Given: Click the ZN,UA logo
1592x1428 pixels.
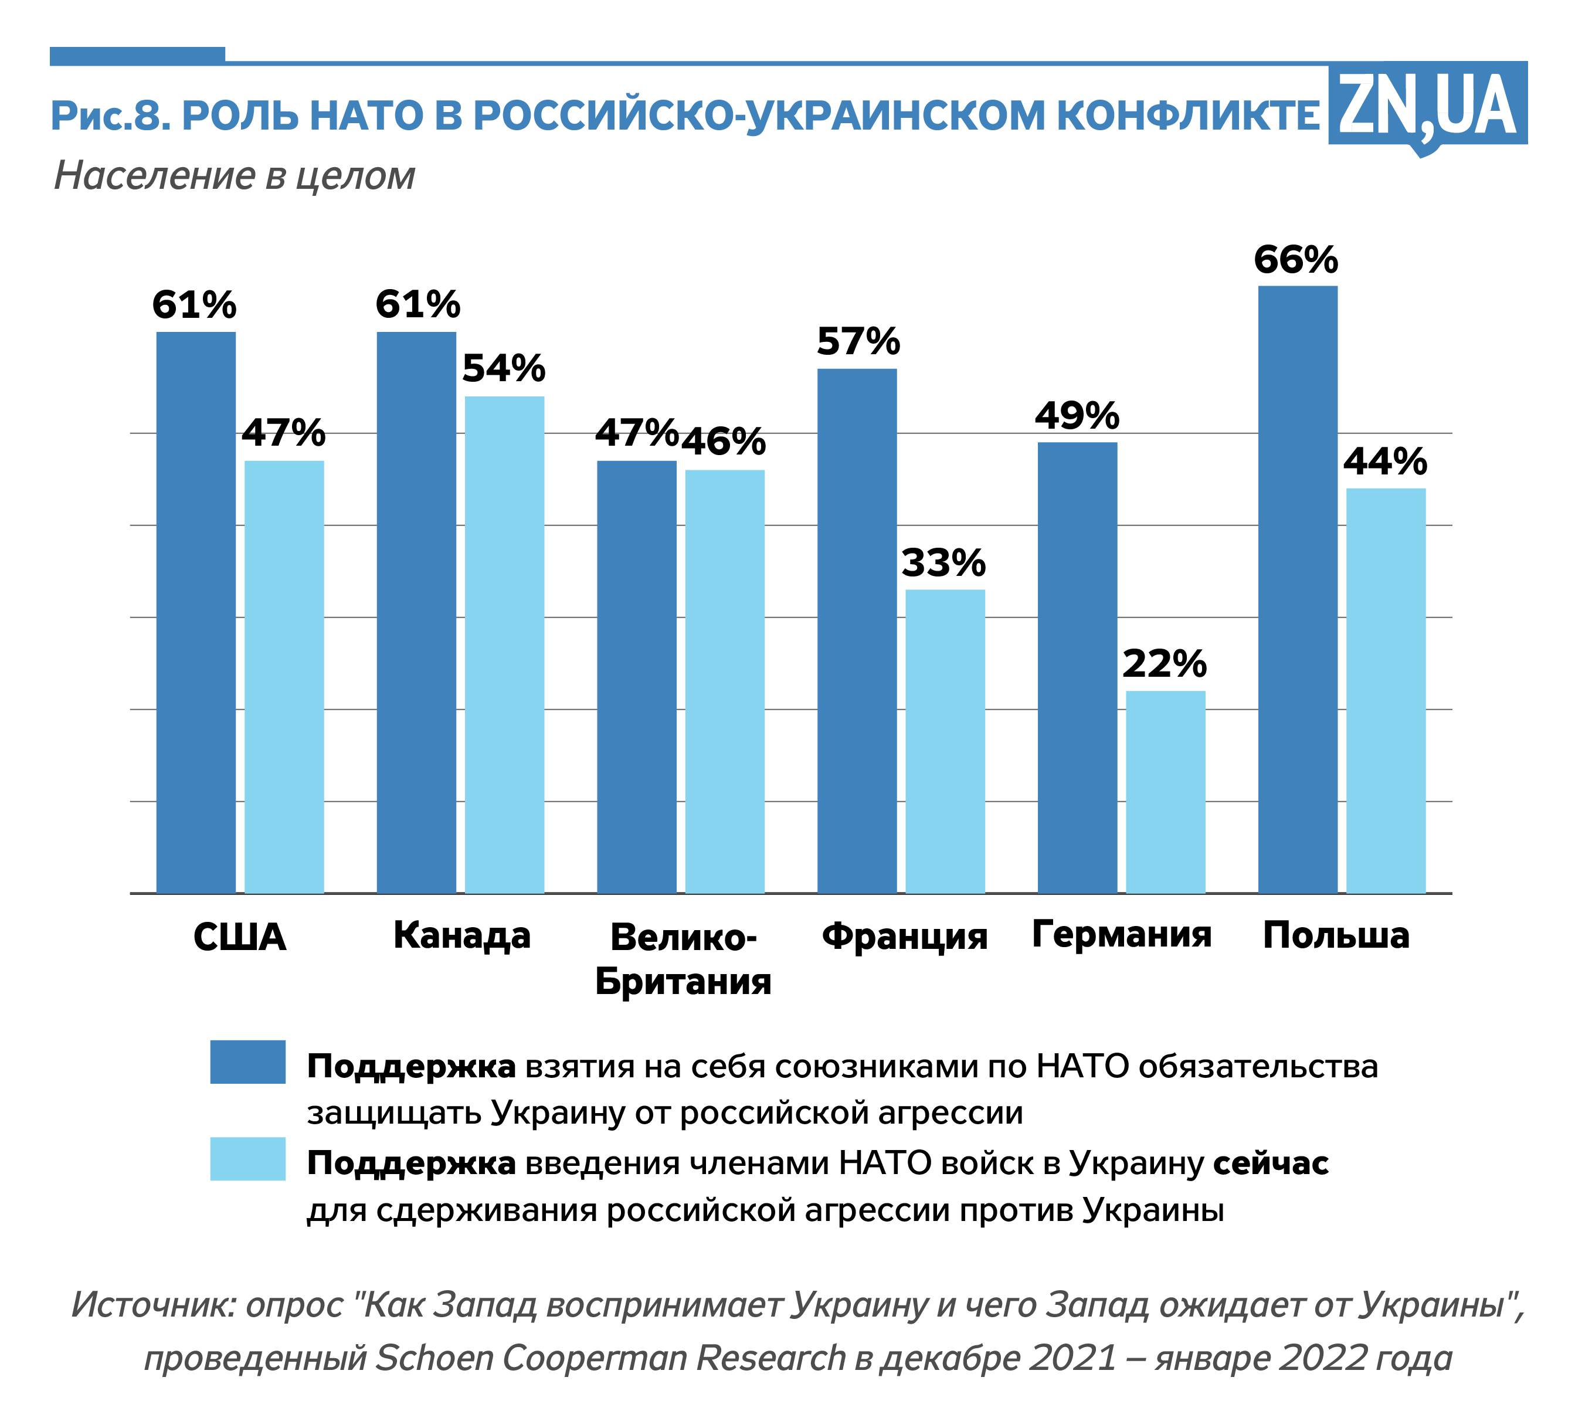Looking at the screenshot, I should click(x=1427, y=106).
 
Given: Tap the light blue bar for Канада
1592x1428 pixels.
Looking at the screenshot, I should click(x=504, y=644).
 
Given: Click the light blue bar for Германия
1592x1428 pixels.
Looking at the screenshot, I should click(x=1165, y=792).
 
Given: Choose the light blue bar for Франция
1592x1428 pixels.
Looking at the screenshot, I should click(x=945, y=741).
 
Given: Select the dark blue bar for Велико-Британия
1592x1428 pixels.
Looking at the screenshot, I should click(x=636, y=676).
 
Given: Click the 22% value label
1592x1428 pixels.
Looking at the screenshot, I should click(x=1165, y=664).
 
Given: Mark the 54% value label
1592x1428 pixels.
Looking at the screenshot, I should click(x=504, y=368).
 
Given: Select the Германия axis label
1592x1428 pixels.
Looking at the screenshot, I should click(x=1121, y=934).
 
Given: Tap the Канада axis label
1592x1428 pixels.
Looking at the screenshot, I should click(x=461, y=935).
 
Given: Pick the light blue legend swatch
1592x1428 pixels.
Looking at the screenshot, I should click(x=247, y=1159).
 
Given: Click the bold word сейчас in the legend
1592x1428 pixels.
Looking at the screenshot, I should click(x=1270, y=1163).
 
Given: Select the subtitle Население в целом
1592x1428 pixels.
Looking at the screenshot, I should click(x=235, y=176).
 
